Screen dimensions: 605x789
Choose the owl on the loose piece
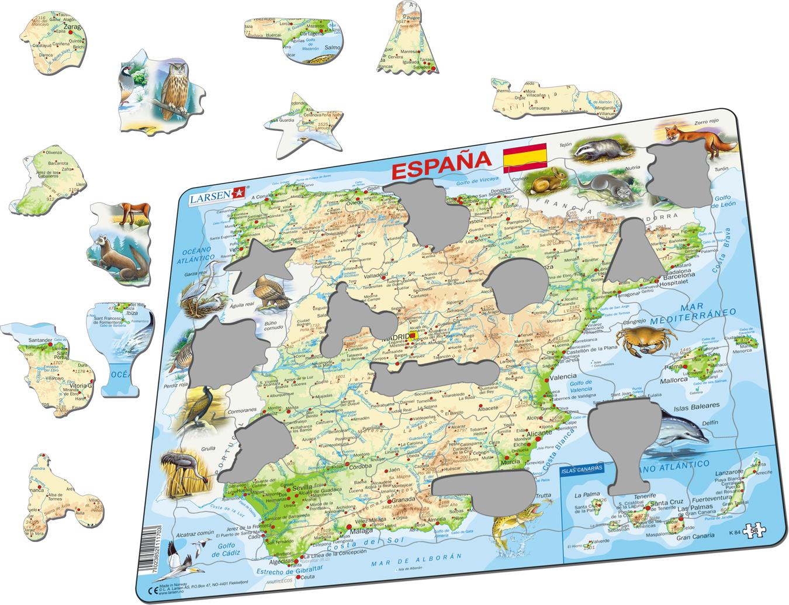(x=176, y=87)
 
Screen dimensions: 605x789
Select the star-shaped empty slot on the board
(x=255, y=266)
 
